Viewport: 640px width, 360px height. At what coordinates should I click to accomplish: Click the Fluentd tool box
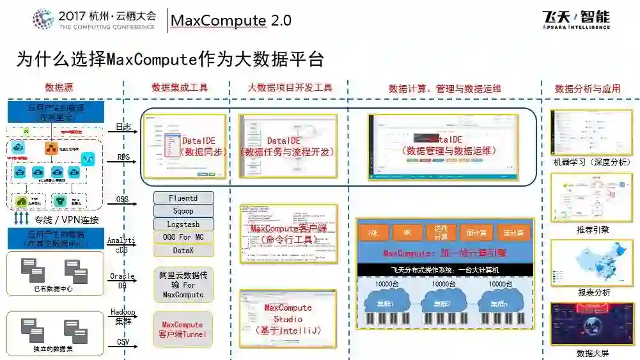point(183,198)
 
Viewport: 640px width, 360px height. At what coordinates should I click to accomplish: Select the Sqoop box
point(183,211)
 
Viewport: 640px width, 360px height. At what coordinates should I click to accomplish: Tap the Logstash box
point(183,224)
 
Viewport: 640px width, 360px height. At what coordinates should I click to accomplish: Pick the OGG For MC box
point(183,238)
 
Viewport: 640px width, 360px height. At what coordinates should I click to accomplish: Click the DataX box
point(183,251)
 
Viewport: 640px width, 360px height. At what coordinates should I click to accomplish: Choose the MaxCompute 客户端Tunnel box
point(183,329)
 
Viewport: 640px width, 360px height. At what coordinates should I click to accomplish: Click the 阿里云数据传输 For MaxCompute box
point(183,285)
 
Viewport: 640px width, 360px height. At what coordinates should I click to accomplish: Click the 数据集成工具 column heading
point(180,88)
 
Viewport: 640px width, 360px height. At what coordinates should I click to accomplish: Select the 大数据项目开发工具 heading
point(290,88)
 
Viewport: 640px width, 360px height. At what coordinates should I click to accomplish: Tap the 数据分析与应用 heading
point(588,89)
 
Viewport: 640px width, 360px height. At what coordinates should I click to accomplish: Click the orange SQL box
point(374,233)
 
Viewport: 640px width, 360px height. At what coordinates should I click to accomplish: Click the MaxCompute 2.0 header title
point(231,20)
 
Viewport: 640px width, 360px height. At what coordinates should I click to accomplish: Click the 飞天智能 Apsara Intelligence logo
point(575,19)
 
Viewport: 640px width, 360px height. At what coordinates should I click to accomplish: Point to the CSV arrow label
point(123,342)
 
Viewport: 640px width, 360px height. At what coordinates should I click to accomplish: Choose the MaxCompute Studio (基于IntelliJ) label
point(288,318)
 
